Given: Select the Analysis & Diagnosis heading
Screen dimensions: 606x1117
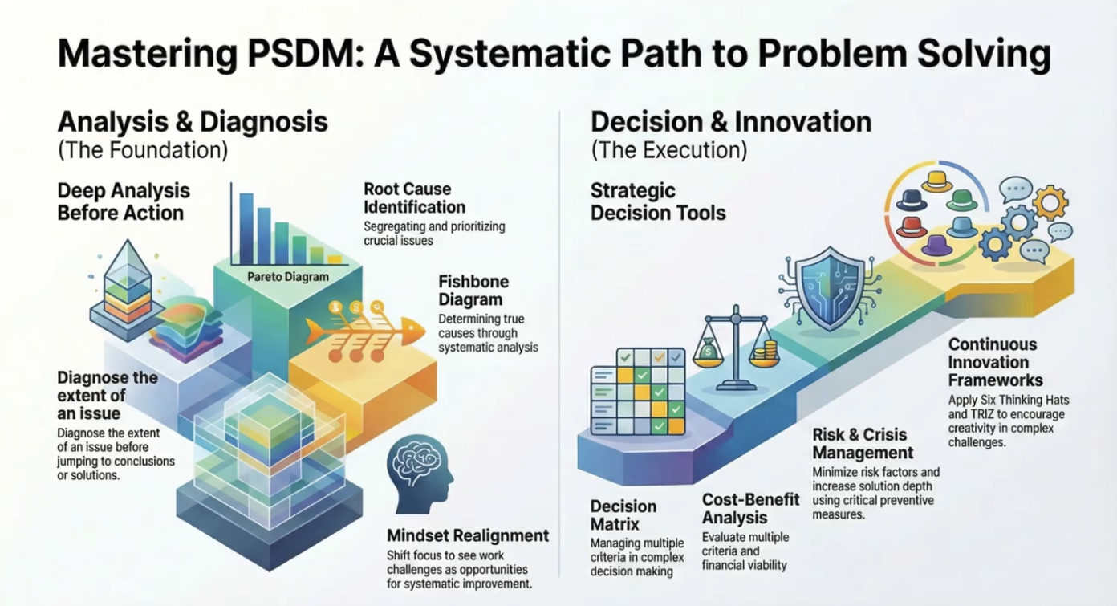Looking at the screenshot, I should [193, 121].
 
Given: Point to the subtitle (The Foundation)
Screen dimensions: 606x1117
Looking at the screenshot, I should [143, 150].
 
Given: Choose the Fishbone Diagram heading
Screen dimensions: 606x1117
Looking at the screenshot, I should [473, 291].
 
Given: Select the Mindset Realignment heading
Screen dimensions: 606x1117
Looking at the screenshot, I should [468, 535].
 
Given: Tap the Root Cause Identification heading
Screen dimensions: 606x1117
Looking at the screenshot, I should [408, 197].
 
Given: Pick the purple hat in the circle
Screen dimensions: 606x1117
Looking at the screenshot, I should [936, 245].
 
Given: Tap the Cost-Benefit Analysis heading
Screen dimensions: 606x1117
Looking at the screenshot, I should [751, 509].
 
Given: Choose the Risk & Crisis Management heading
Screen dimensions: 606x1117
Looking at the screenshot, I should [859, 444].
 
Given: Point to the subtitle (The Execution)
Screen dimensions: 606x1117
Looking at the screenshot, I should [668, 150].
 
